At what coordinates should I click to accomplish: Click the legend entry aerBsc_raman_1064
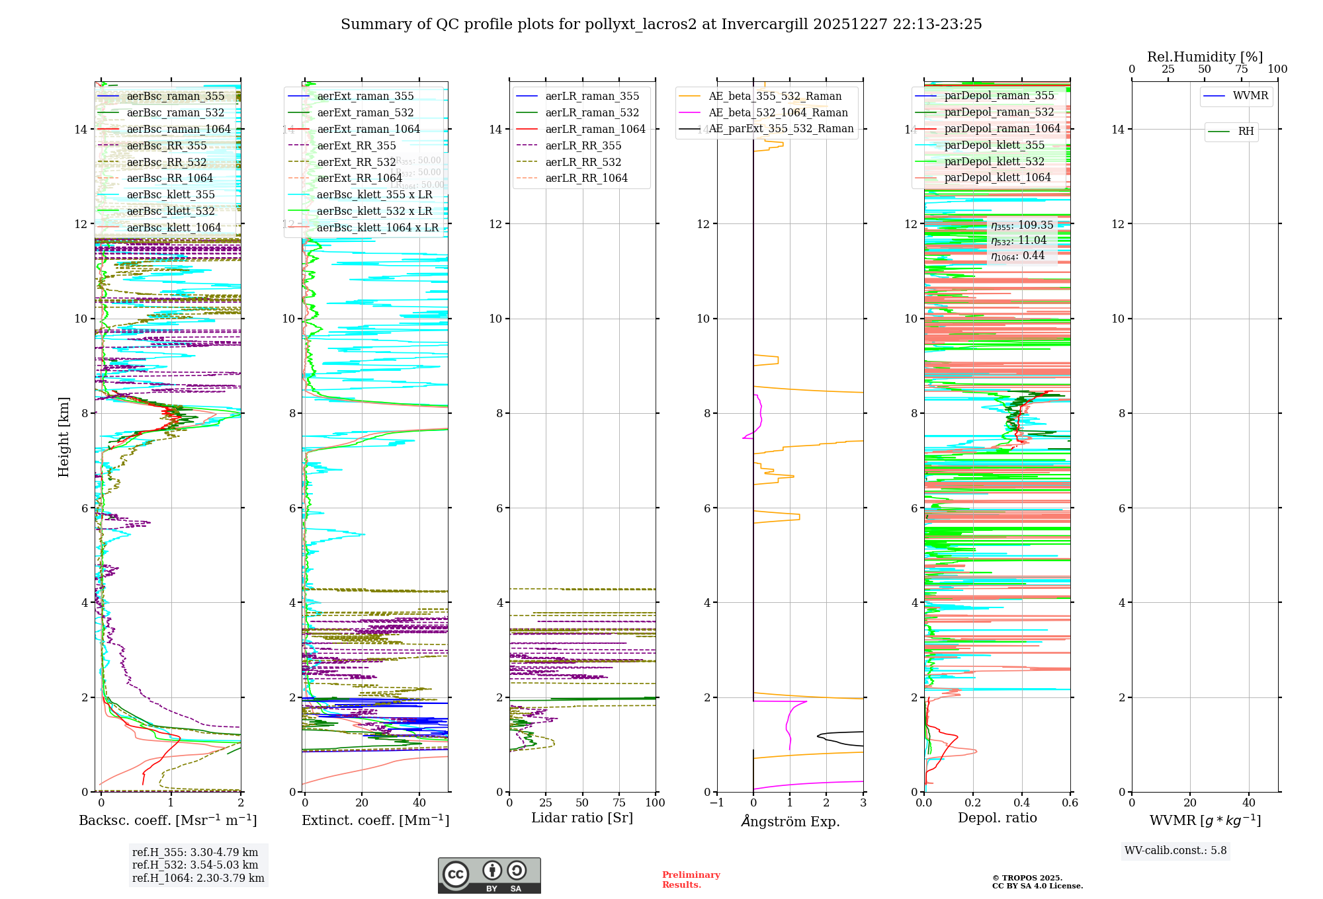(x=179, y=129)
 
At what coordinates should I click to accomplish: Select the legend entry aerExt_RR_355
(x=357, y=145)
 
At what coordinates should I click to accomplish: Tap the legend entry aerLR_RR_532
(x=583, y=162)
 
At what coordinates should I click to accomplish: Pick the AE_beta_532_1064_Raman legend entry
(x=778, y=112)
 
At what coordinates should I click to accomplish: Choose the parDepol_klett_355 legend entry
(x=994, y=145)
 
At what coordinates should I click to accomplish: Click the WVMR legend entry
(x=1250, y=96)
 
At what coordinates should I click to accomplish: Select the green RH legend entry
(x=1246, y=132)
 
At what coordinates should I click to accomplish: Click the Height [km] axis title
(x=64, y=437)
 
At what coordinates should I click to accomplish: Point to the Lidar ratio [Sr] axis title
(x=582, y=818)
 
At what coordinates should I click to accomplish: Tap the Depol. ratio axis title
(x=997, y=818)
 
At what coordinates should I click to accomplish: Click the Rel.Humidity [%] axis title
(x=1205, y=57)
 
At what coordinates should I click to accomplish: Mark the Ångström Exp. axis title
(x=790, y=821)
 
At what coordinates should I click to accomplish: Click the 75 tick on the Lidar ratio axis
(x=619, y=803)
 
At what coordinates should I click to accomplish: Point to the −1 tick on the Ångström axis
(x=717, y=803)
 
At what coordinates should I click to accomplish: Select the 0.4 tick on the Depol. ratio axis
(x=1021, y=803)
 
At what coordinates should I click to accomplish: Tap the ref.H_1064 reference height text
(x=198, y=878)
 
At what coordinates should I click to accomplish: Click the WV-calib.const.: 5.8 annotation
(x=1175, y=851)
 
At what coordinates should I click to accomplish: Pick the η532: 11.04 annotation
(x=1019, y=241)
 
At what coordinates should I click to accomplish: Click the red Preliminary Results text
(x=691, y=880)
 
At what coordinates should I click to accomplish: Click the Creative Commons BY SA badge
(x=489, y=875)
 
